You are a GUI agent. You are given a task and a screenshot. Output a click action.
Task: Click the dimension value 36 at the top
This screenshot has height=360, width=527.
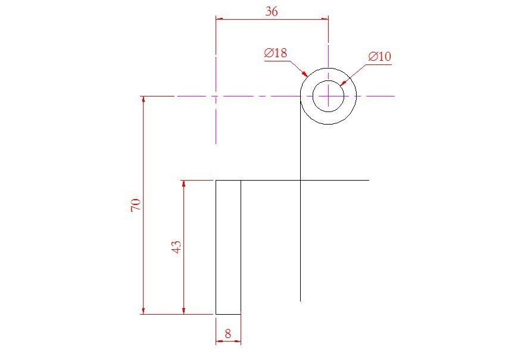(x=271, y=11)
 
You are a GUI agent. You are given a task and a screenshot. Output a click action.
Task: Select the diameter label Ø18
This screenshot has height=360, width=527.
(x=276, y=53)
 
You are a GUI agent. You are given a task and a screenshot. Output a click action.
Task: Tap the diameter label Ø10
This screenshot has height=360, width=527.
(x=380, y=57)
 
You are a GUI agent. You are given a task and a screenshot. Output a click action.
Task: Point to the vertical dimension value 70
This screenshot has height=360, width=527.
(x=136, y=205)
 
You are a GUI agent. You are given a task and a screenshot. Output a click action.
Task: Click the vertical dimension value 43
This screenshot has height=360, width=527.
(x=176, y=247)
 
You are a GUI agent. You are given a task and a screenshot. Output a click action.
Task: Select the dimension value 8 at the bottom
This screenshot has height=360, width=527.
(x=228, y=334)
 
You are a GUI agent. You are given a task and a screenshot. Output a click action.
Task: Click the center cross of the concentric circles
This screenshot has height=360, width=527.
(x=328, y=96)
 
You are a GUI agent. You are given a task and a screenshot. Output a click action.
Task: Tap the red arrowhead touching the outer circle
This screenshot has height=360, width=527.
(x=305, y=75)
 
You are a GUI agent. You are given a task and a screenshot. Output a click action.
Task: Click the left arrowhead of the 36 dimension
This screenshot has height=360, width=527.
(x=219, y=19)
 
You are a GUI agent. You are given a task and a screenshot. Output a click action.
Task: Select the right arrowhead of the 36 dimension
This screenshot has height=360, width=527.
(x=325, y=19)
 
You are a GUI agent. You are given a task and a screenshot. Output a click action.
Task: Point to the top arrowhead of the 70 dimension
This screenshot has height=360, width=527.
(x=143, y=100)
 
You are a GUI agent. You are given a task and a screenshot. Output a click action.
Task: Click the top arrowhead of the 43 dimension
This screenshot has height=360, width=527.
(x=184, y=184)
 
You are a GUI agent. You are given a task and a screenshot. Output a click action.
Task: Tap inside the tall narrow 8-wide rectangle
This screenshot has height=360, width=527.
(x=228, y=247)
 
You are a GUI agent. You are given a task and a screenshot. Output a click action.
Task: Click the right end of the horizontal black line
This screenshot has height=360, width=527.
(x=369, y=180)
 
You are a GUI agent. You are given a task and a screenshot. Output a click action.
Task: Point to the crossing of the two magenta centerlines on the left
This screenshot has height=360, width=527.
(x=216, y=96)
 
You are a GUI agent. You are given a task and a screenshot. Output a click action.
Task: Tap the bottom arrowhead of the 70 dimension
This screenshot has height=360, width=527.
(x=143, y=310)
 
